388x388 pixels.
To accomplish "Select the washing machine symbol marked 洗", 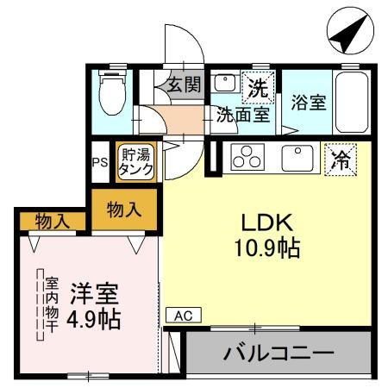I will pos(256,86).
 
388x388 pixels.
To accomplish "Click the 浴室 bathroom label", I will pos(308,103).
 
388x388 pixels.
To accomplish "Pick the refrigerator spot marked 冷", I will pos(341,159).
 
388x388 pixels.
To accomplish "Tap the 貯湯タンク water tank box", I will pos(136,162).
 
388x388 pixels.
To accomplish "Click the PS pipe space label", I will pos(100,162).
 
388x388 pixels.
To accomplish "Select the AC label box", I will pos(182,316).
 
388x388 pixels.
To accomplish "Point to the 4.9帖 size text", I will pos(94,319).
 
